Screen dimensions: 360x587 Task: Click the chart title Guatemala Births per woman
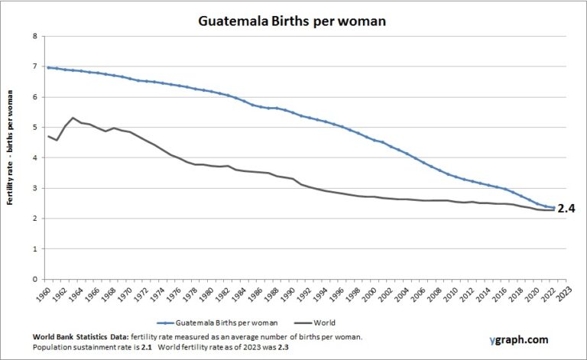293,21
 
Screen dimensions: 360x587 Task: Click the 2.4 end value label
566,208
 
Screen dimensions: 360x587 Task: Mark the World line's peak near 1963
73,118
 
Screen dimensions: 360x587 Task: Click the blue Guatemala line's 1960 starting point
49,68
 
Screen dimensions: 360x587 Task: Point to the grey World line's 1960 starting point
49,136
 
